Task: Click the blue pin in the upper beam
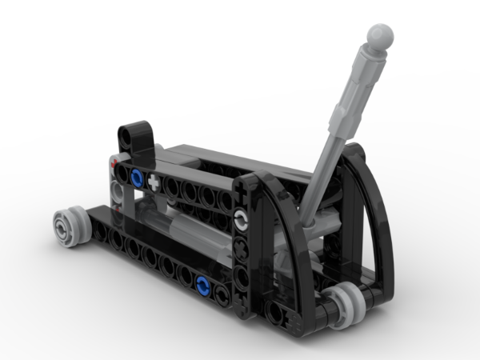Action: [138, 178]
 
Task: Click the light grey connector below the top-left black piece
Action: [118, 192]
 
